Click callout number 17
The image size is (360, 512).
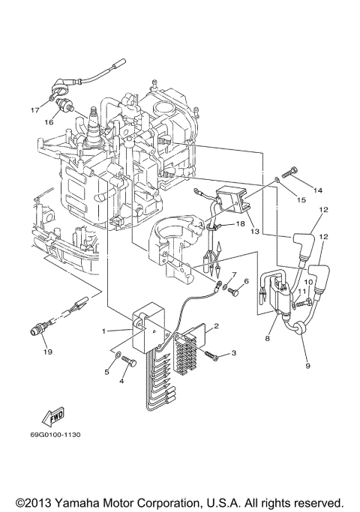tap(34, 110)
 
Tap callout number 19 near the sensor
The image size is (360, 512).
tap(46, 352)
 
